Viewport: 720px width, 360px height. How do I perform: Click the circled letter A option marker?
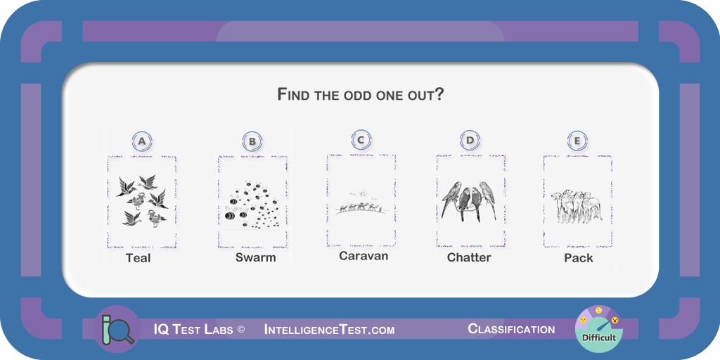142,141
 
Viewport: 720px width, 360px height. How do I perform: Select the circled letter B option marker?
252,141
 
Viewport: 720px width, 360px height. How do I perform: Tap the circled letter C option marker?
361,140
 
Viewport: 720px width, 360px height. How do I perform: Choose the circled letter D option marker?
470,141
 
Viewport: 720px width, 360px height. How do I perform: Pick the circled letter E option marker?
577,141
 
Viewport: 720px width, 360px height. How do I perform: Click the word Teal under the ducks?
139,258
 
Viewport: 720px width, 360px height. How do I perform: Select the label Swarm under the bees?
256,257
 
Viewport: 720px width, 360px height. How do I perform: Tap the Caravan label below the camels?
364,256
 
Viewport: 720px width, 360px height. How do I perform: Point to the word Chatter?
469,257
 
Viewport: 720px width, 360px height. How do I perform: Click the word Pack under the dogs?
579,258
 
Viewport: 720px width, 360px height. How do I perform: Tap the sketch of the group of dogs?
577,207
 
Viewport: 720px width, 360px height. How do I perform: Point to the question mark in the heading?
439,94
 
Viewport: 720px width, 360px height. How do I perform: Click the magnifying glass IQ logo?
116,329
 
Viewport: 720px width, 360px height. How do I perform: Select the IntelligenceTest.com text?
329,329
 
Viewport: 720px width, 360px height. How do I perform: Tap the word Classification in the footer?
511,329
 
